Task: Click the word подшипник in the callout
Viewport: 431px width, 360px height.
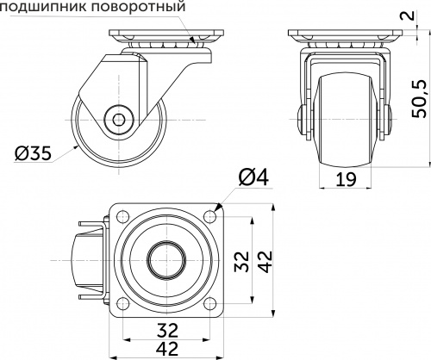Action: pos(44,9)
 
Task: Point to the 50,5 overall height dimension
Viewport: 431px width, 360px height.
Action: pos(419,101)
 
